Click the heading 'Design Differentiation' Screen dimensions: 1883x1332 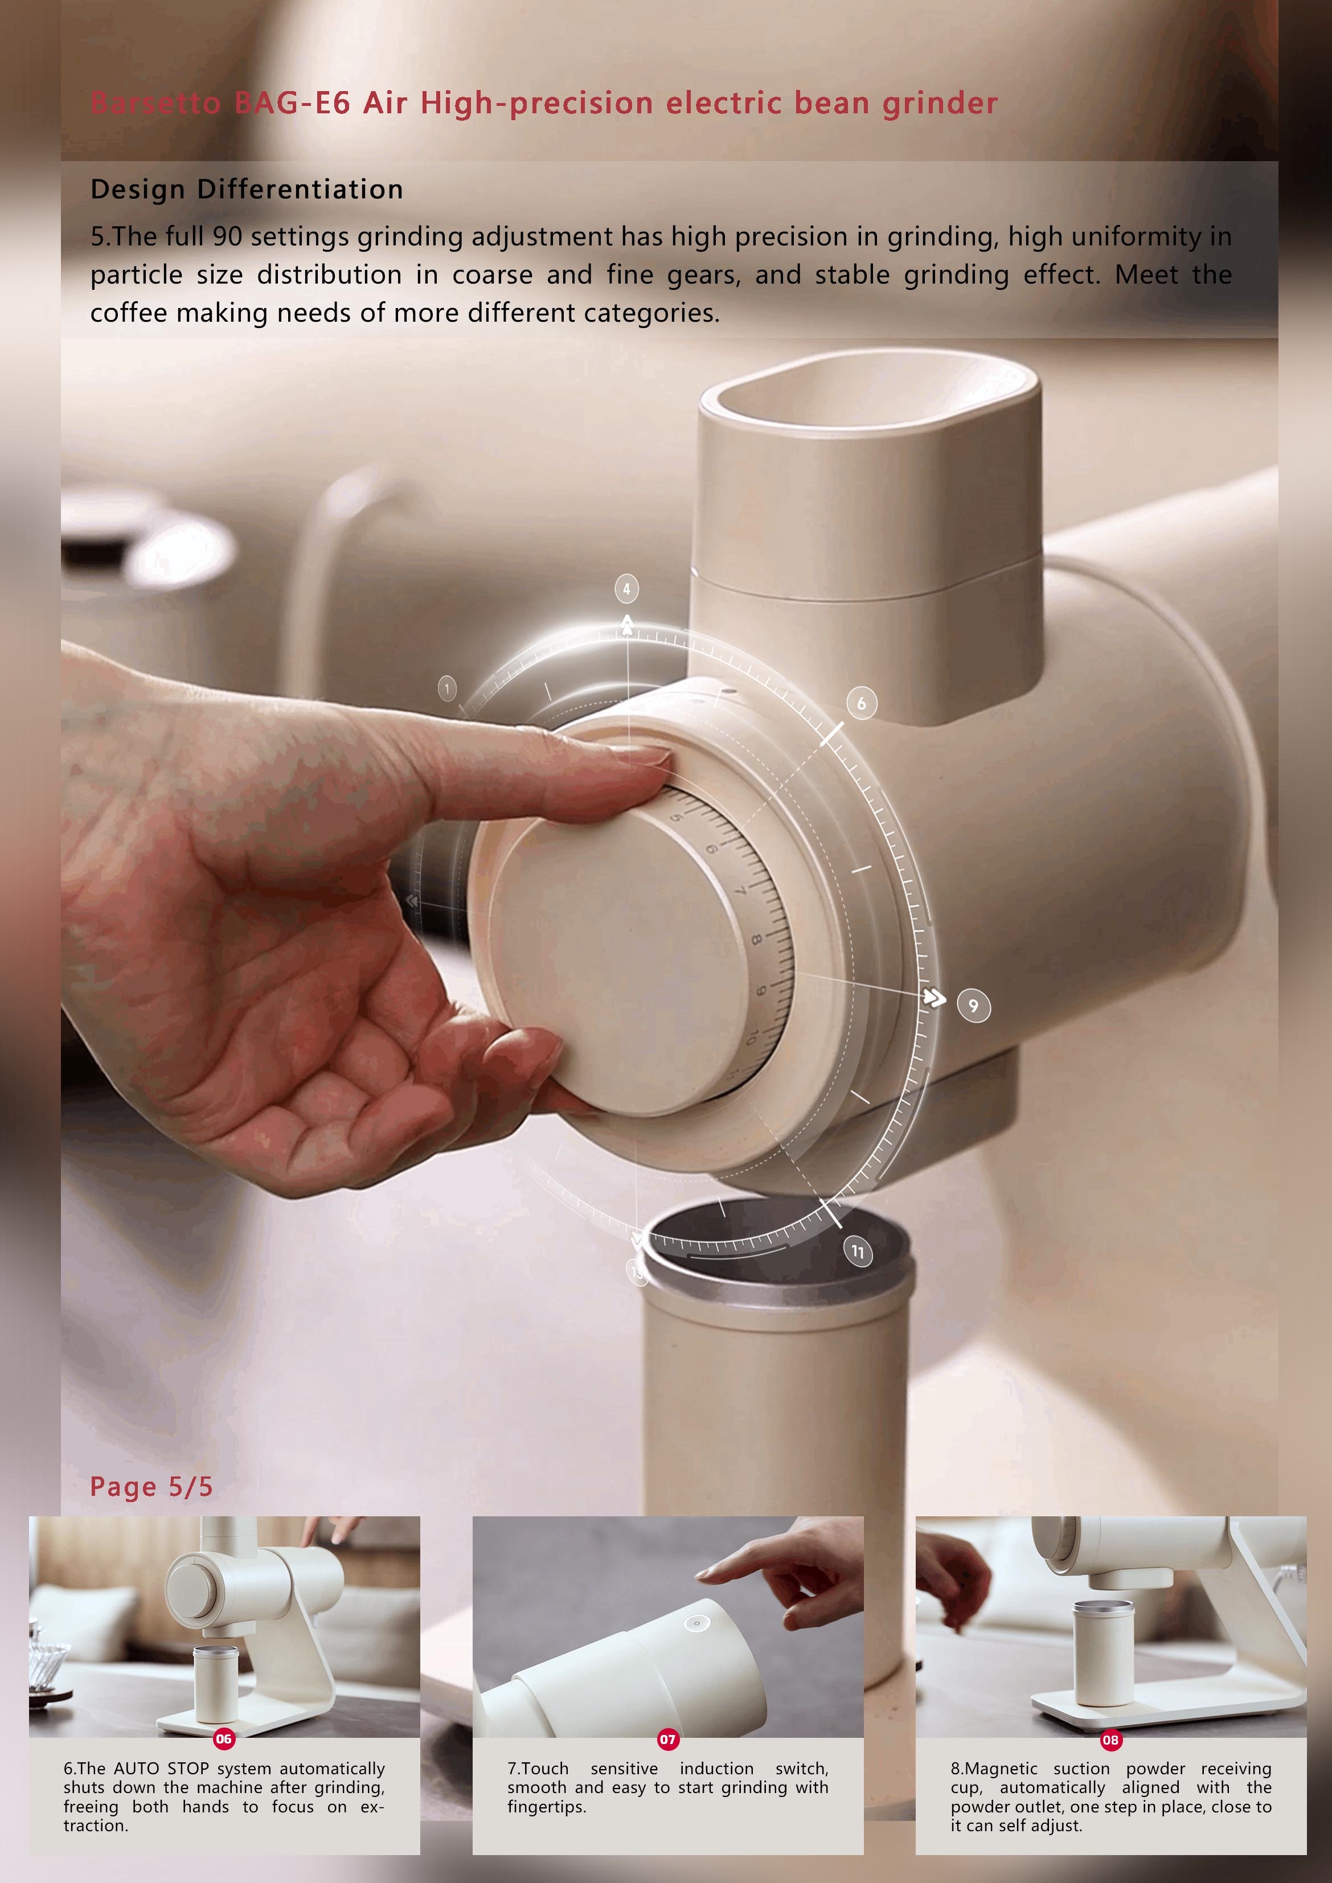[x=246, y=190]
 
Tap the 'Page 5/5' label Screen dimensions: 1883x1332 [x=151, y=1486]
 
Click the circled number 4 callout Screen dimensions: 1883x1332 [x=626, y=589]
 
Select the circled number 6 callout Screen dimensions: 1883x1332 [x=861, y=703]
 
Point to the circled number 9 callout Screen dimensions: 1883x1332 [x=974, y=1006]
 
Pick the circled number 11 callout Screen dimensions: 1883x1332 [x=858, y=1252]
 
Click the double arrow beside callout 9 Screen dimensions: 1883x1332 [x=934, y=997]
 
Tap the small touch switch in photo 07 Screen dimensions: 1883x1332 [x=696, y=1623]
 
